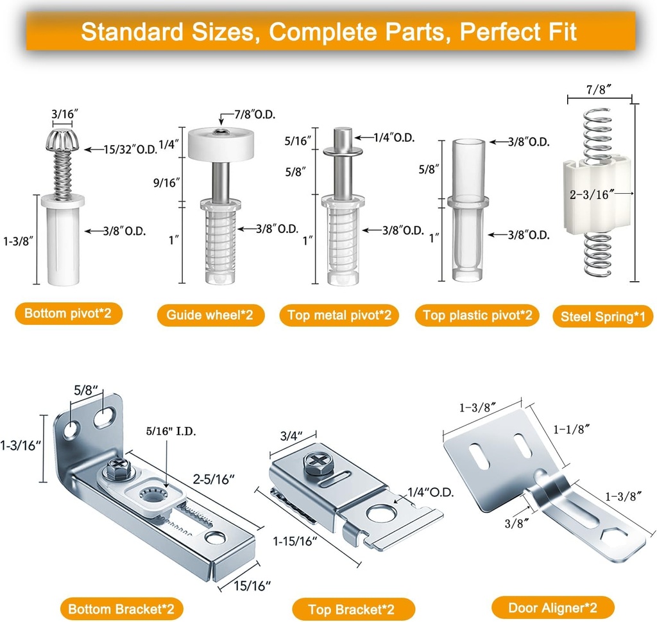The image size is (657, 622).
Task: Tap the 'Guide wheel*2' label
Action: [x=210, y=315]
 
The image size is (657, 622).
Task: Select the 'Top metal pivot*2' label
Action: [x=339, y=315]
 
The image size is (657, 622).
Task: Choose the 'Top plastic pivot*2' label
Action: [x=477, y=315]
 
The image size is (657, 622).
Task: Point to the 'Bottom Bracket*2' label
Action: [x=121, y=609]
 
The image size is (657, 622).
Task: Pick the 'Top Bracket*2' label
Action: [x=352, y=609]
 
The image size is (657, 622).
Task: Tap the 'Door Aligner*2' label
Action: [x=553, y=607]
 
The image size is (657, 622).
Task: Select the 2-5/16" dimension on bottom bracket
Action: [x=213, y=479]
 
